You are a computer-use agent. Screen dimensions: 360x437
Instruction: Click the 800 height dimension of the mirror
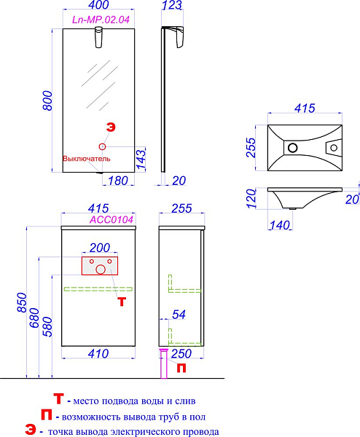[48, 101]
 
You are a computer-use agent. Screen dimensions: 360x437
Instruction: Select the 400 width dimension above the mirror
[99, 4]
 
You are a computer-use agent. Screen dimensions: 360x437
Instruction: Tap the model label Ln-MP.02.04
[101, 20]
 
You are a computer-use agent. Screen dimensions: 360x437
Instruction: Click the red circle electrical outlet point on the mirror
[102, 146]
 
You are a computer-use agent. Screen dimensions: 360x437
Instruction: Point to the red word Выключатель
[87, 159]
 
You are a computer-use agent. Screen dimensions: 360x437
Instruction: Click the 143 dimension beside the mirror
[141, 159]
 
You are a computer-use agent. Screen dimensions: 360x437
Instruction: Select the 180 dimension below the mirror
[118, 181]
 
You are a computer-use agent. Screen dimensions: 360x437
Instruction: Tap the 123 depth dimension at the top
[172, 4]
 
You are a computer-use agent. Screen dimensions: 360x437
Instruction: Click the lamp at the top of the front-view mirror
[99, 37]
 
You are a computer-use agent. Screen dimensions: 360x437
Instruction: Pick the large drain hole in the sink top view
[292, 147]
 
